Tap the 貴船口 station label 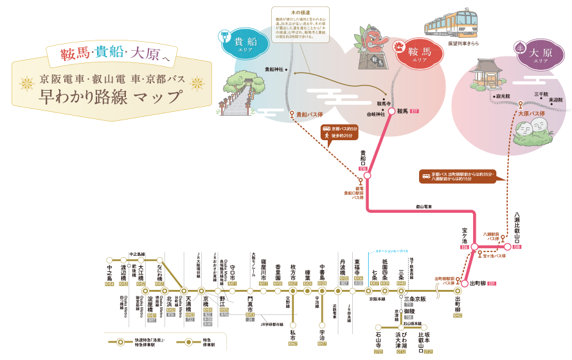(x=363, y=158)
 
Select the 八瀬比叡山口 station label (x=517, y=228)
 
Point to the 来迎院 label (x=557, y=100)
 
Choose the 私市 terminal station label (x=293, y=334)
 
